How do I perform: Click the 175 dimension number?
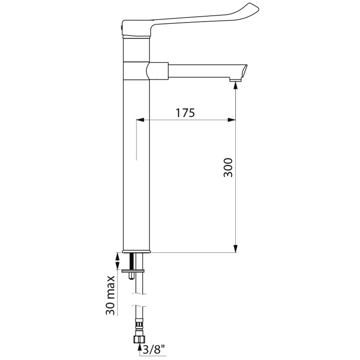pyautogui.click(x=185, y=113)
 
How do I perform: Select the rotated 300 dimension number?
pyautogui.click(x=229, y=167)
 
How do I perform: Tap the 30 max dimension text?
pyautogui.click(x=111, y=295)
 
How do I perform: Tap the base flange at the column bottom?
pyautogui.click(x=137, y=251)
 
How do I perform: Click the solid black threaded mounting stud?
pyautogui.click(x=132, y=261)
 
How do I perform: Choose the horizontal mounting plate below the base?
pyautogui.click(x=133, y=270)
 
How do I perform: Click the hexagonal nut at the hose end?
pyautogui.click(x=139, y=338)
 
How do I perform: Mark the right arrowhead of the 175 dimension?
pyautogui.click(x=231, y=120)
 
